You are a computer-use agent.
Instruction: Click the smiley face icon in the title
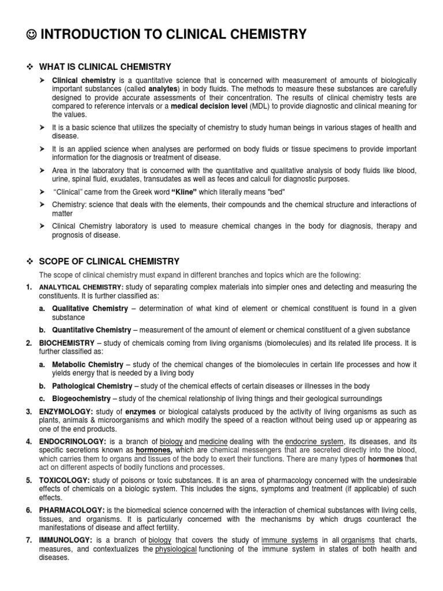click(x=32, y=35)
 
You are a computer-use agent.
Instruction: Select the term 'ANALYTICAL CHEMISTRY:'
click(x=81, y=287)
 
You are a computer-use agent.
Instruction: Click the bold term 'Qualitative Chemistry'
click(x=90, y=309)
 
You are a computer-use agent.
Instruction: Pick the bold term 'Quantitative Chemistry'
click(x=92, y=330)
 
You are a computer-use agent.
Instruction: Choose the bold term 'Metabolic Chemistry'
click(x=88, y=365)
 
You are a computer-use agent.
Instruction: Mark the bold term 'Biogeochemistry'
click(x=81, y=399)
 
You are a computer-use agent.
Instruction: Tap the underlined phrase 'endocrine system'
click(x=320, y=441)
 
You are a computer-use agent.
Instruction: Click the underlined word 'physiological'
click(x=176, y=549)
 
